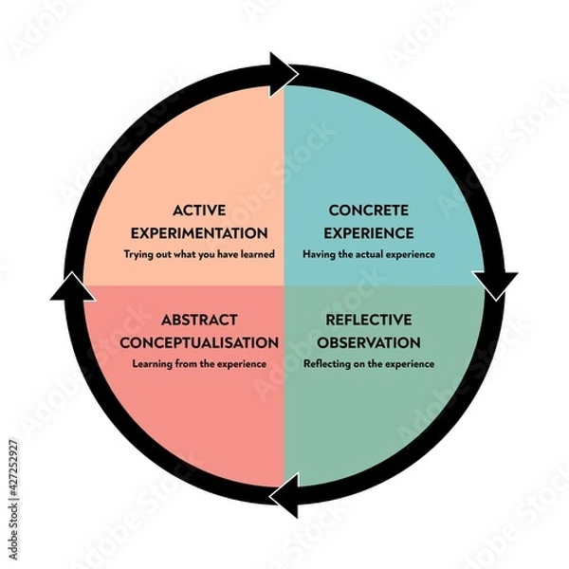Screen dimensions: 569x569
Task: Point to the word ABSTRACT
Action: (200, 320)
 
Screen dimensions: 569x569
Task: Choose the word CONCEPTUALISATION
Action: (200, 341)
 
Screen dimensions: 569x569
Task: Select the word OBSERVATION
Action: (360, 341)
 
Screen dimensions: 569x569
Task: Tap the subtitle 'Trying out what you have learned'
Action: (200, 254)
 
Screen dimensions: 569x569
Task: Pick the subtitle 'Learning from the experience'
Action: (200, 363)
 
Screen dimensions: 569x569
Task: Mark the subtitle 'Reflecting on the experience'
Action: (369, 363)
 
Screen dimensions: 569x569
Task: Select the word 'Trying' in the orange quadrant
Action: (138, 254)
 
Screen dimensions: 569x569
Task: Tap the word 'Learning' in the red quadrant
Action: (155, 363)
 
